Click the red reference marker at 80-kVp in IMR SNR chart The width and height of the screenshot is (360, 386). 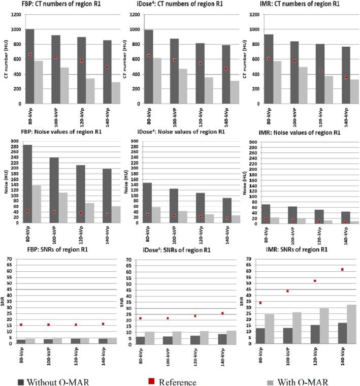point(260,303)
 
